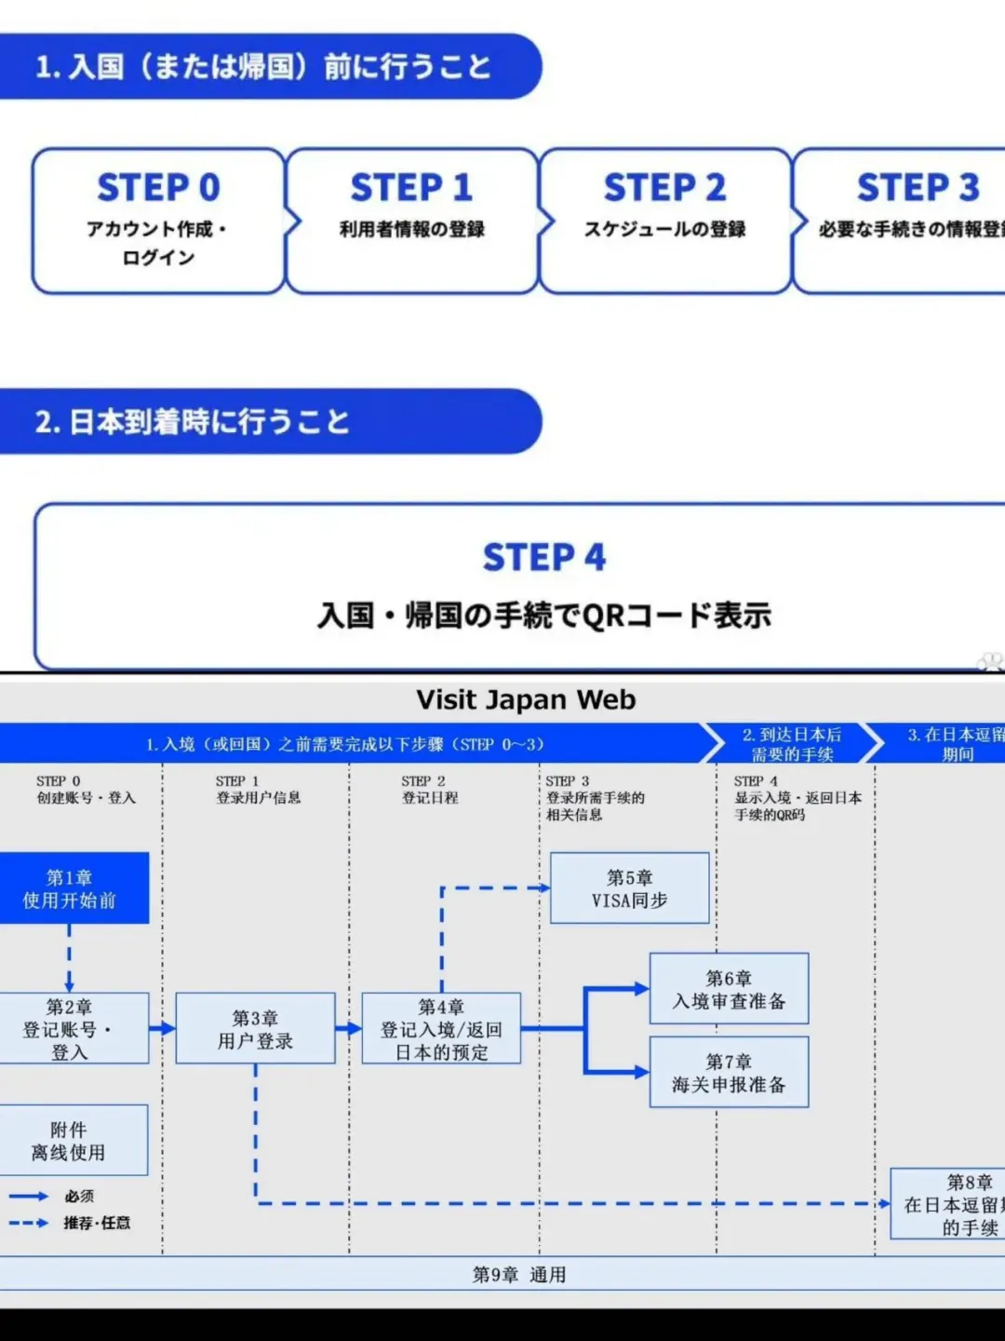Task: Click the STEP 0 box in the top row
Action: point(158,221)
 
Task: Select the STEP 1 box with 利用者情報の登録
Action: point(411,221)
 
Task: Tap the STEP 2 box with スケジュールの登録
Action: point(664,221)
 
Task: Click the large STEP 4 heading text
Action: point(544,557)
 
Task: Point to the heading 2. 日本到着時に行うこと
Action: point(192,422)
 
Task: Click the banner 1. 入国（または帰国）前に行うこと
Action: point(262,67)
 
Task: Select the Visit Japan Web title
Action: point(526,699)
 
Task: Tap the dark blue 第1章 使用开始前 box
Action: point(71,888)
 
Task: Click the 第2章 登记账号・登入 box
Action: point(71,1028)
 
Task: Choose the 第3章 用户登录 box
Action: point(255,1028)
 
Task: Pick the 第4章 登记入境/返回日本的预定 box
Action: point(441,1028)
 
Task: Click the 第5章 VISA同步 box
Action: point(629,888)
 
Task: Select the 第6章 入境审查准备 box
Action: point(729,989)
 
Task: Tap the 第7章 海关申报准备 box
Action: point(729,1073)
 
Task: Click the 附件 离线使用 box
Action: point(69,1140)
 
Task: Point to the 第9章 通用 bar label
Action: point(518,1274)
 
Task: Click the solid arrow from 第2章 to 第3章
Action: point(162,1028)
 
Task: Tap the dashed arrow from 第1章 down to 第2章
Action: point(69,957)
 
